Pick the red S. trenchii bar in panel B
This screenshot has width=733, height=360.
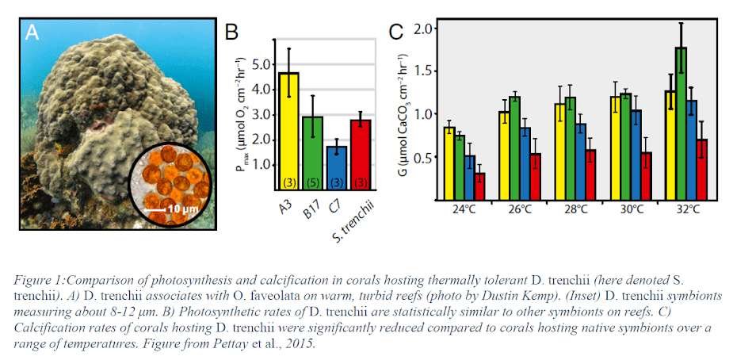(x=361, y=155)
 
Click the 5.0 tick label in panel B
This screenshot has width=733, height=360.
(x=259, y=65)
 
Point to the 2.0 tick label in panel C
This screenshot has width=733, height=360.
(x=426, y=29)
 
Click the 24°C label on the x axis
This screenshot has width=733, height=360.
(x=464, y=211)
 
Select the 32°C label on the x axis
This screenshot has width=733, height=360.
(x=686, y=211)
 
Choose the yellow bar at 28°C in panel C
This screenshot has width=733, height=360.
(x=560, y=151)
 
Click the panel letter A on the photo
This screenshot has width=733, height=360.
(x=32, y=33)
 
